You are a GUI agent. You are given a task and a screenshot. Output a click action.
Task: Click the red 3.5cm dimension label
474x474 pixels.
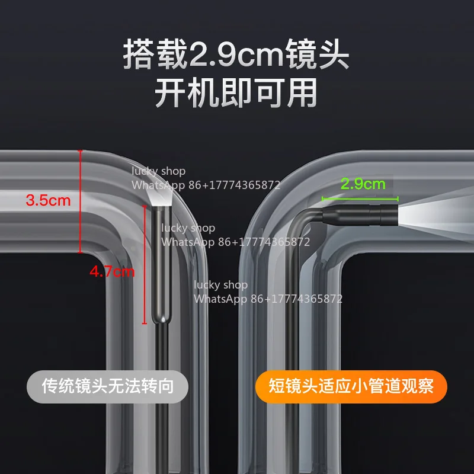[48, 200]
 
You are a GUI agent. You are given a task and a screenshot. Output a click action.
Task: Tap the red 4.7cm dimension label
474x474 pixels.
[112, 271]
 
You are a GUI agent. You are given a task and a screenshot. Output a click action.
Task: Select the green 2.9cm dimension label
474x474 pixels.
[363, 184]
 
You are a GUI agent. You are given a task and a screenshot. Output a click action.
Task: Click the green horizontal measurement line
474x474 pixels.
[360, 198]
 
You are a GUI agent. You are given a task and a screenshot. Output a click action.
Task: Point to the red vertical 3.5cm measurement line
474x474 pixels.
[80, 201]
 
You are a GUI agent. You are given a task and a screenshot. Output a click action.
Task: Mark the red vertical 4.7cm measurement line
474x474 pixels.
[145, 264]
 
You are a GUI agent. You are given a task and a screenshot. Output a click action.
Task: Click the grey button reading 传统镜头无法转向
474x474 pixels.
[108, 386]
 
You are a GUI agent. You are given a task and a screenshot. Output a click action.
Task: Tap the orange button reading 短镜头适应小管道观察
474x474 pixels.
[351, 386]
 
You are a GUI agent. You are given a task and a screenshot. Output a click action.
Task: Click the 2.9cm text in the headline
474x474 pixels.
[236, 54]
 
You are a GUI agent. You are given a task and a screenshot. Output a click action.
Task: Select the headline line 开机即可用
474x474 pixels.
[236, 92]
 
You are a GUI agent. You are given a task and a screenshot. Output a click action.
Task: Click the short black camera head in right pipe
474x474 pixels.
[360, 214]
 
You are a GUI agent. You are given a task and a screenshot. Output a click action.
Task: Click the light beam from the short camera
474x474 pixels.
[436, 213]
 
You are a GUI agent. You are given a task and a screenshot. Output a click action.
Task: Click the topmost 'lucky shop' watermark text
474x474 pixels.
[158, 171]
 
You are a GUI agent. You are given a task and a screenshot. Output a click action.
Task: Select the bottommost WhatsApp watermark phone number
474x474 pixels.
[296, 299]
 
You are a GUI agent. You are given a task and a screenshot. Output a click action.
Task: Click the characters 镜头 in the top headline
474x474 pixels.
[318, 54]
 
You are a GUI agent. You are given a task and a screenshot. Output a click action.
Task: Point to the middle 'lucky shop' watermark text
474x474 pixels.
[188, 228]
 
